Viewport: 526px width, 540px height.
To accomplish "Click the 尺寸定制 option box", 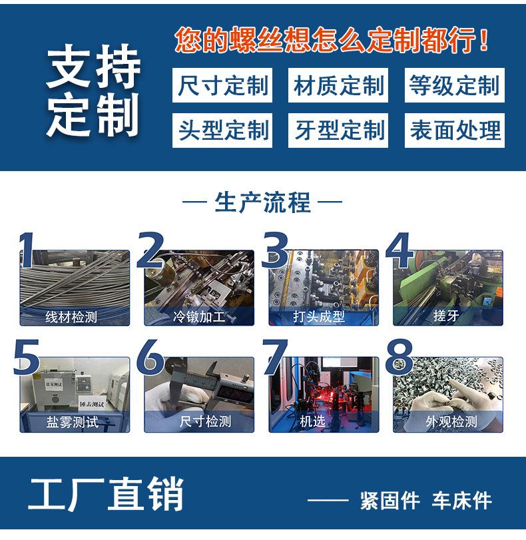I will pos(222,86).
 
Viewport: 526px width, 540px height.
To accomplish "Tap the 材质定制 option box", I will pos(339,86).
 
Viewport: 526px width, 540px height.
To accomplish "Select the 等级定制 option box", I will pos(454,86).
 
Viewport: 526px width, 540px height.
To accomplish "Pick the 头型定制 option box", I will pos(222,130).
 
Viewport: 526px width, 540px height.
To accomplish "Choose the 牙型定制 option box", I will pos(339,130).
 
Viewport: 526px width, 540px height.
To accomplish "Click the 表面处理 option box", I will pos(454,130).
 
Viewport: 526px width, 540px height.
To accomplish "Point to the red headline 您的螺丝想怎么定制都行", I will pos(332,41).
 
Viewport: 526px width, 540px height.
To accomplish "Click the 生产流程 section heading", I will pos(262,202).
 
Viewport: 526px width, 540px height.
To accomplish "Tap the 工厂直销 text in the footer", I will pos(106,494).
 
